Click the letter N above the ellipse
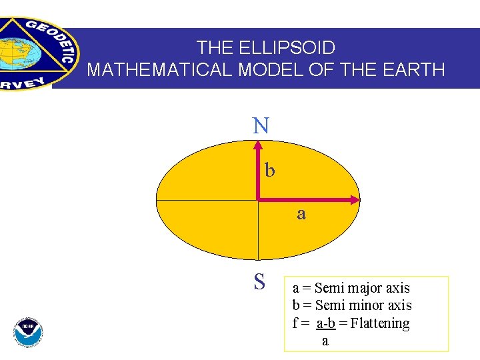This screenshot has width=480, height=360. [x=261, y=125]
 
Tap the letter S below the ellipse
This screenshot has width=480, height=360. [x=259, y=282]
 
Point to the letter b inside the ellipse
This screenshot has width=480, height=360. [x=269, y=171]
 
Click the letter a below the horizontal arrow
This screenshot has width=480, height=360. [x=301, y=213]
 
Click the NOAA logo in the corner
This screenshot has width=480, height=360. [x=28, y=331]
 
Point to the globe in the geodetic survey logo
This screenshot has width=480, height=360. [x=15, y=51]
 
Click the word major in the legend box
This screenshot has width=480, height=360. [x=364, y=288]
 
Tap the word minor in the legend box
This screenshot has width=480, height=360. [x=365, y=305]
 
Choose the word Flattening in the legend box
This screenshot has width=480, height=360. [x=380, y=323]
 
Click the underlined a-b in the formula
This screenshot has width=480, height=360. [x=325, y=323]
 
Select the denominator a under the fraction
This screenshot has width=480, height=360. [x=325, y=341]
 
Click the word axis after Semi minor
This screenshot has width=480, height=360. [x=400, y=305]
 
